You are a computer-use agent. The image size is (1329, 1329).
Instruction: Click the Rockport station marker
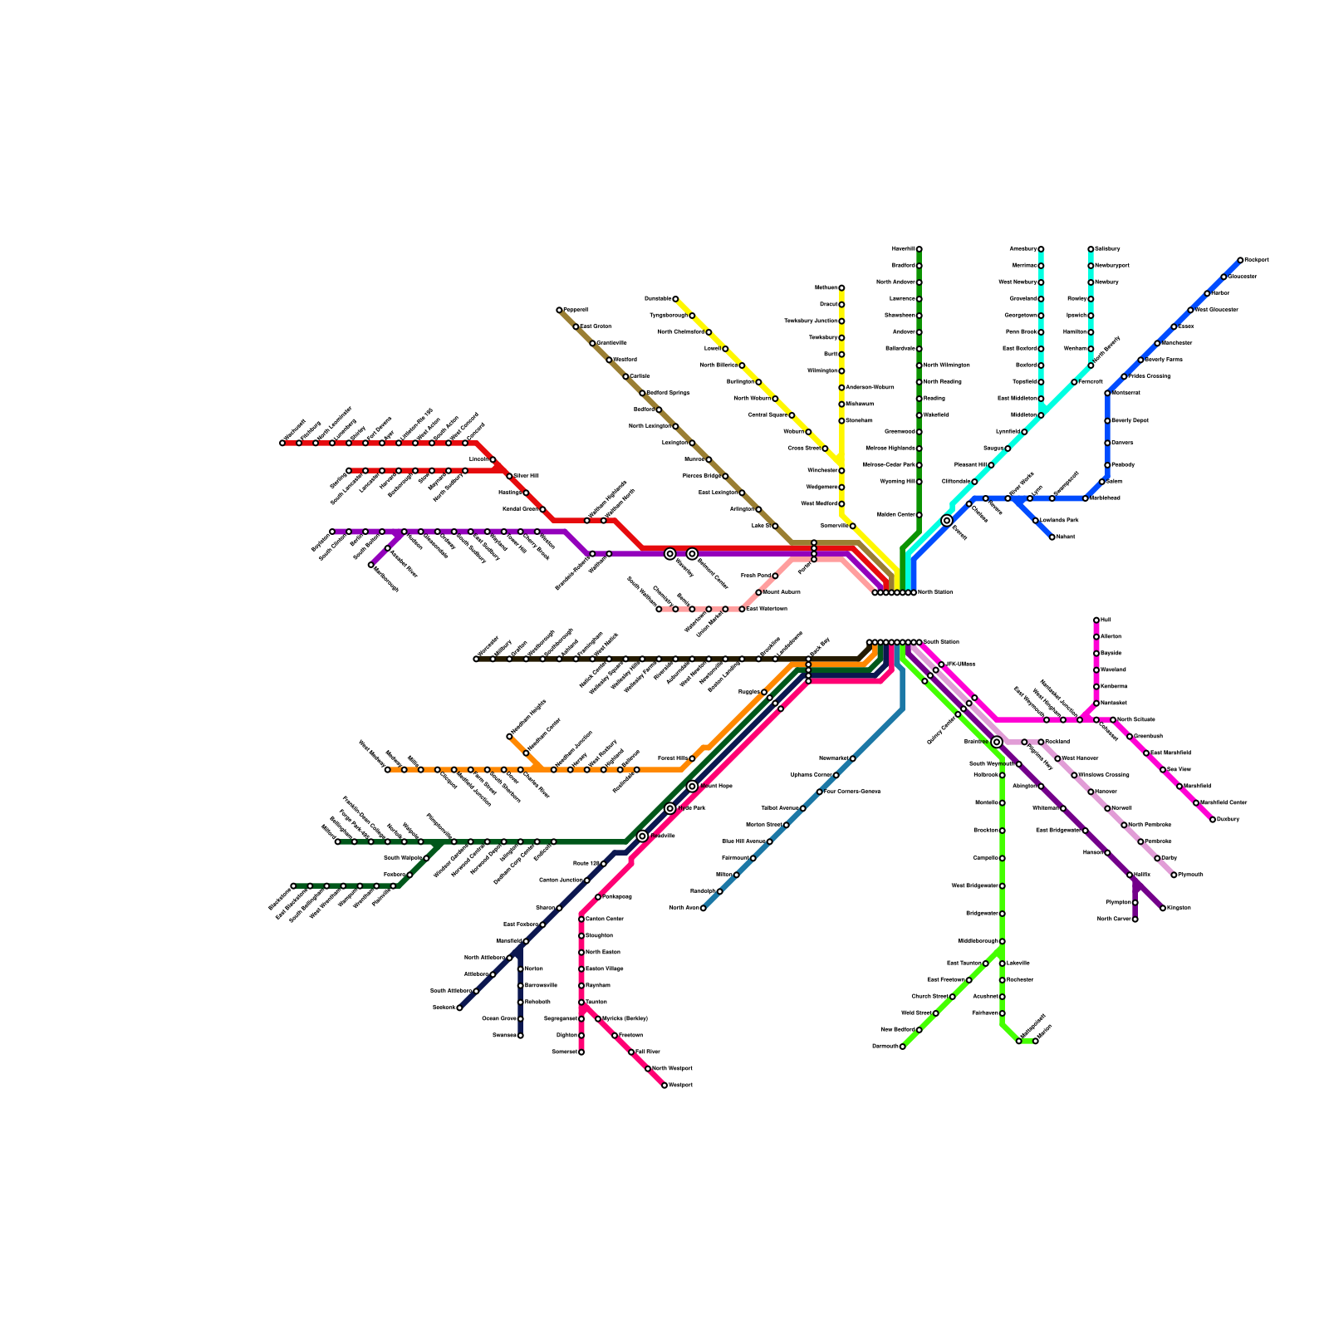1240,260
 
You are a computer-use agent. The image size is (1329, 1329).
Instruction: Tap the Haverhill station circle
919,249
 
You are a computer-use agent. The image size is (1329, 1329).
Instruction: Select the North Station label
935,592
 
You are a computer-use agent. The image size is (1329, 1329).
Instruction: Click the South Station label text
942,642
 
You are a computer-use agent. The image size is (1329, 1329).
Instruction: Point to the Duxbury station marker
1213,820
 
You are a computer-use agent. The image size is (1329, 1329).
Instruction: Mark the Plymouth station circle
1174,875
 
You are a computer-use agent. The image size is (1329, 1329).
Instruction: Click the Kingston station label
1179,908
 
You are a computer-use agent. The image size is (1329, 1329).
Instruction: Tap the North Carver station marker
1135,920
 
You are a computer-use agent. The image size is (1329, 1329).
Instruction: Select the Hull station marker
1096,620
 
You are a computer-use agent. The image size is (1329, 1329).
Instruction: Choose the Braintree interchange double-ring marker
997,742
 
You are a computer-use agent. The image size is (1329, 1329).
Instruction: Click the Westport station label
681,1086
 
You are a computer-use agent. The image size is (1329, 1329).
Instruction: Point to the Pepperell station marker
559,310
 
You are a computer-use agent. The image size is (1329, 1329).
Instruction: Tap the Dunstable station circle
675,299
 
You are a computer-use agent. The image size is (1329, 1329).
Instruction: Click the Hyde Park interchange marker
670,808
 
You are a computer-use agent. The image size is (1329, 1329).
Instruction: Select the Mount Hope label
716,786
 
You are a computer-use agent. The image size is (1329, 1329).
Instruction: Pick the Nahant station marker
1052,537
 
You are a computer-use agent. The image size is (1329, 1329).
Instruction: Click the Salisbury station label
1107,249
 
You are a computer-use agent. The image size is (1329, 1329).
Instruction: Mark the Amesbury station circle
1041,249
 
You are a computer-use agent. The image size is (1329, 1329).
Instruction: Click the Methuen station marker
841,288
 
